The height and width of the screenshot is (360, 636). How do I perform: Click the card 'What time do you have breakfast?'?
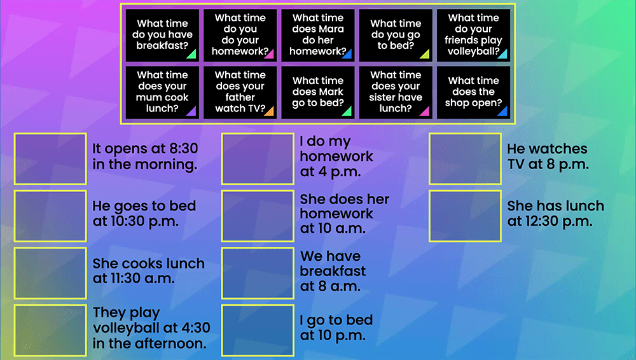pos(162,35)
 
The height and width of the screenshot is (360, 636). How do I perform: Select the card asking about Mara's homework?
pos(317,35)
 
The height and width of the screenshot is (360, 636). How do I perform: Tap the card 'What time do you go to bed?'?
pos(396,35)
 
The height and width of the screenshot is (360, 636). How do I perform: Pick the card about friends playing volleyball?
pos(473,35)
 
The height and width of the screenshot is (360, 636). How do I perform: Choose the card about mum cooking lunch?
pos(162,92)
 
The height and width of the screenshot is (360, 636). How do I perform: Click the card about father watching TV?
pos(240,92)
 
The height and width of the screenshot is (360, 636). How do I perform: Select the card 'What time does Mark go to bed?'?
pos(317,92)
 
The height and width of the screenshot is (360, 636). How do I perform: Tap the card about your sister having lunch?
pos(396,92)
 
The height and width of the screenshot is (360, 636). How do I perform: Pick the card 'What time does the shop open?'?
pos(473,92)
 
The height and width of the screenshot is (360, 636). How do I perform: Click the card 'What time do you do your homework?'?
pos(240,35)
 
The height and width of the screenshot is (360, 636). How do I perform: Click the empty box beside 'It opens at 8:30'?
pos(50,159)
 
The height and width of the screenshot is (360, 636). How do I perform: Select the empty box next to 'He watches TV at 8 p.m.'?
pos(465,159)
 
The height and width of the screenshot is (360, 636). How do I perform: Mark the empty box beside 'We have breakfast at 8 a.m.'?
pos(258,273)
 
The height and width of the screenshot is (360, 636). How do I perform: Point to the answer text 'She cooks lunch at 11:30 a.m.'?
pos(148,271)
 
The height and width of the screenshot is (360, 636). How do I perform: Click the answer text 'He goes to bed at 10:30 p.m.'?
pos(144,214)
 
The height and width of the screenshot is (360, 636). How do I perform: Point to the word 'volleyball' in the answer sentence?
pos(124,329)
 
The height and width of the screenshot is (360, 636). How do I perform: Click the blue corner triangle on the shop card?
pos(502,112)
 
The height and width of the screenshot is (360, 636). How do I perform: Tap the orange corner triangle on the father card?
pos(269,112)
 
